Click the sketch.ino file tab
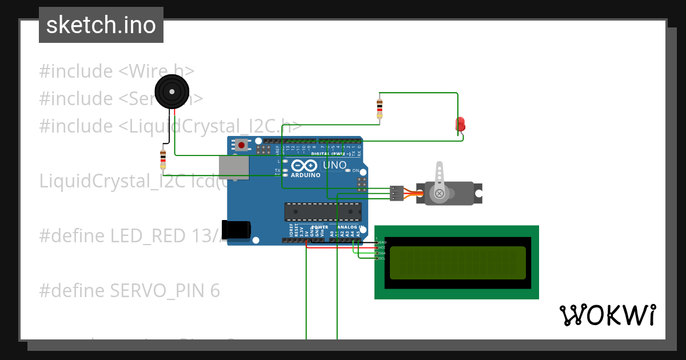coord(101,25)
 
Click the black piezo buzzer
coord(172,91)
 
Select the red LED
coord(460,124)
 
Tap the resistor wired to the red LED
coord(380,108)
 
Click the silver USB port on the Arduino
coord(234,167)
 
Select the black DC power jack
coord(236,229)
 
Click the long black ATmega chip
coord(323,211)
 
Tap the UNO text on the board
coord(335,165)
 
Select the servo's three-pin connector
coord(396,193)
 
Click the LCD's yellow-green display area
coord(457,263)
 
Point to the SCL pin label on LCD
coord(382,258)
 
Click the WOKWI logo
coord(607,315)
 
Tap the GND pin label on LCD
coord(382,242)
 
